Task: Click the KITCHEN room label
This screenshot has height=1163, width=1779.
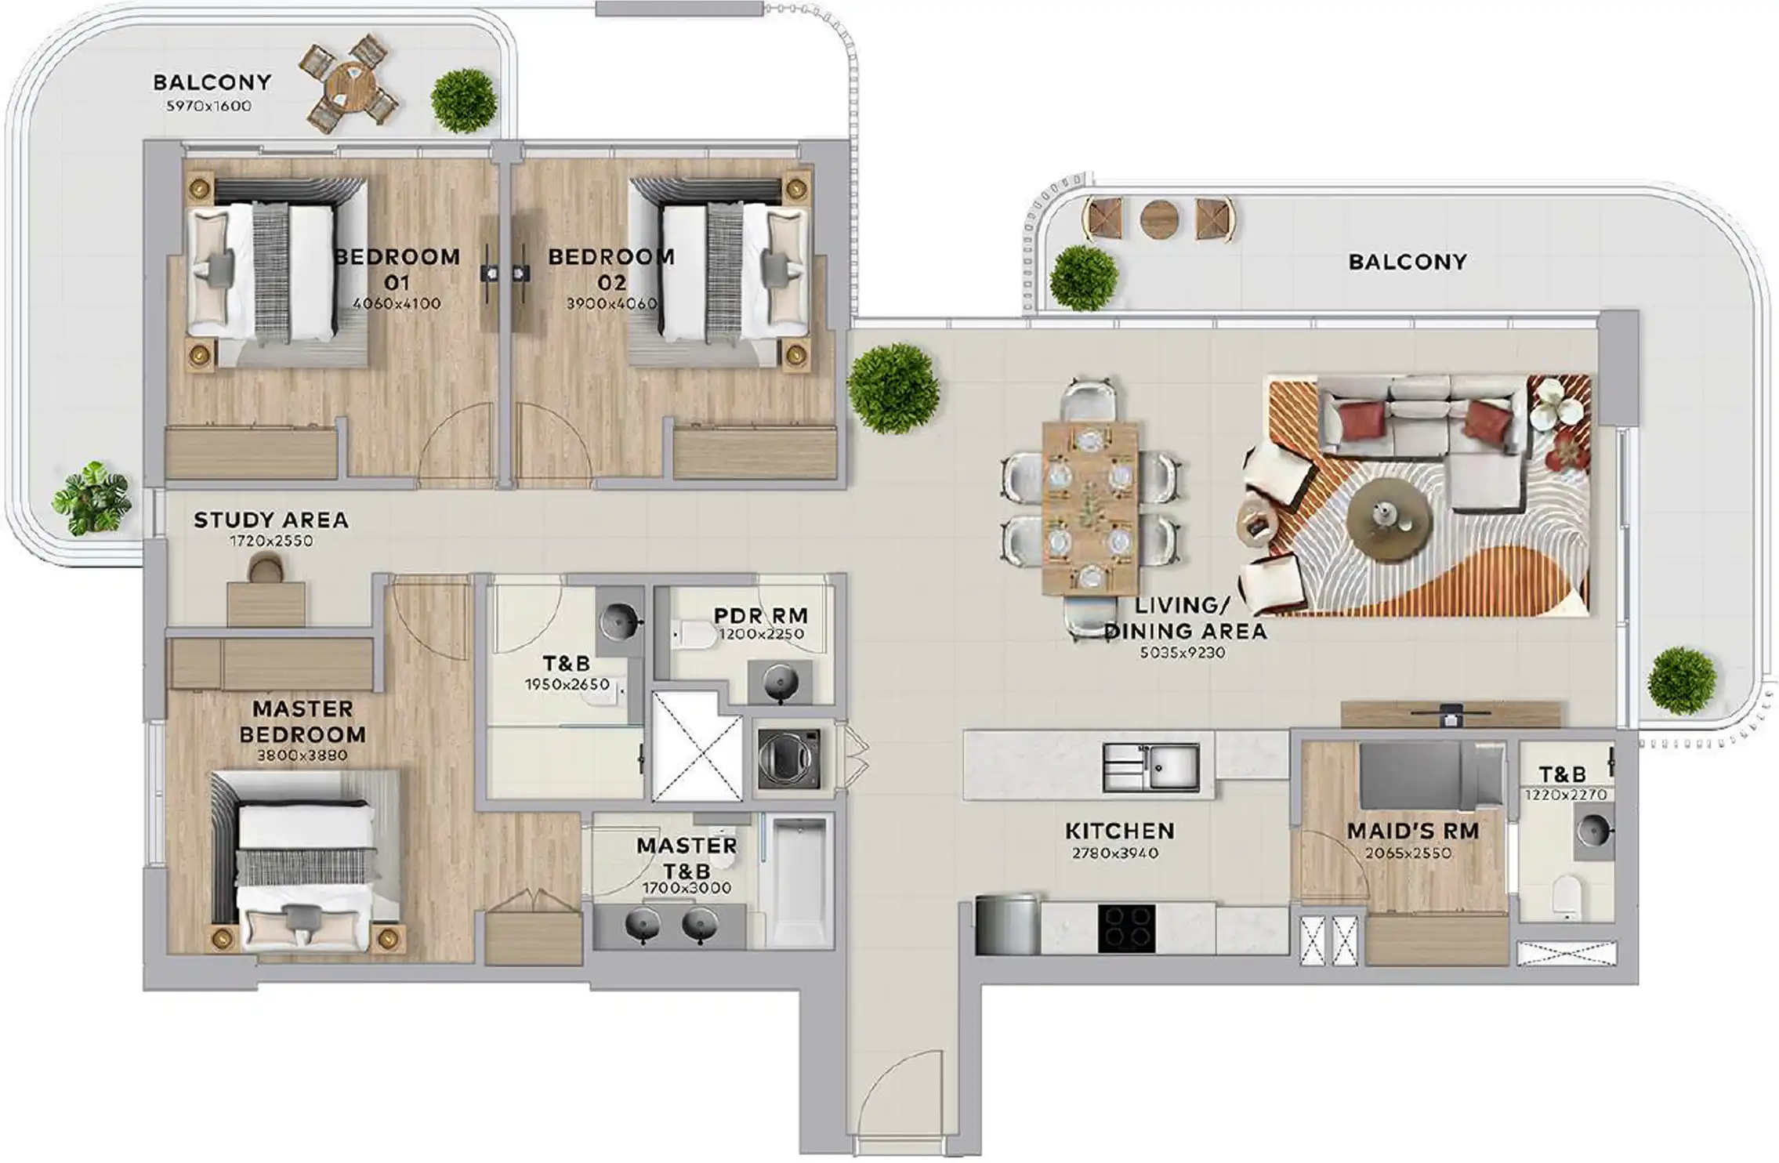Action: [1119, 831]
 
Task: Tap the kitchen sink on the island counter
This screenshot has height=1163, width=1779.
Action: [1150, 767]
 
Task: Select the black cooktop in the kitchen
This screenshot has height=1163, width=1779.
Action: [1126, 929]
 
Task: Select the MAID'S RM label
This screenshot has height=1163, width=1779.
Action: [1412, 831]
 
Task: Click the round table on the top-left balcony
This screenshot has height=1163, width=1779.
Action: [349, 85]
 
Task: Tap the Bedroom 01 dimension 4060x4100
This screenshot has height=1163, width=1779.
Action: [397, 303]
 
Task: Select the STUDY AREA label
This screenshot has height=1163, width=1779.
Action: [271, 520]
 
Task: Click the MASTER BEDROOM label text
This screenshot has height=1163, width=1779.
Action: [303, 722]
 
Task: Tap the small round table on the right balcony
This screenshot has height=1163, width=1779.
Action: [1159, 219]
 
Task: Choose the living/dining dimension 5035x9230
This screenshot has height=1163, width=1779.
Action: [1183, 653]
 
